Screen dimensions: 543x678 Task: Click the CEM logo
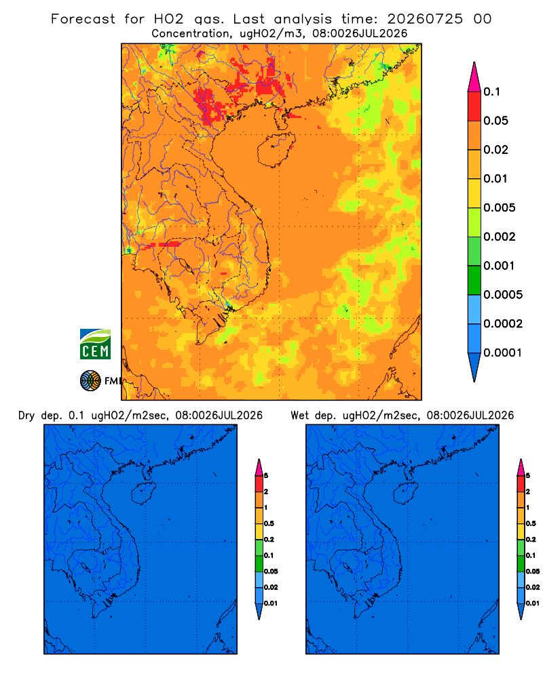coord(95,344)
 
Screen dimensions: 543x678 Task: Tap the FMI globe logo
coord(90,380)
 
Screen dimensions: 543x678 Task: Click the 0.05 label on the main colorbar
coord(495,121)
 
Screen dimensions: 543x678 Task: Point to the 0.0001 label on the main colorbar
coord(503,353)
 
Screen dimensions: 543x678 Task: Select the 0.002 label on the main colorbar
coord(500,237)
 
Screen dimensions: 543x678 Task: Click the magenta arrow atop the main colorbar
coord(474,77)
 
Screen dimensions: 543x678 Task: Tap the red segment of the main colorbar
coord(474,106)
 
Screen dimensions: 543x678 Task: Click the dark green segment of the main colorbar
coord(474,280)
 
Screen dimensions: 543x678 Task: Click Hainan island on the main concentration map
coord(276,150)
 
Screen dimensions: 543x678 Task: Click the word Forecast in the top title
coord(83,19)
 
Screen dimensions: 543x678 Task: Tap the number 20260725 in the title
coord(425,19)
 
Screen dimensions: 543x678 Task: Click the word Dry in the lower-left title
coord(26,416)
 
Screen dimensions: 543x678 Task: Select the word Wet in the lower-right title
coord(299,416)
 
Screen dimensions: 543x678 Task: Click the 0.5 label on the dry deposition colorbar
coord(269,523)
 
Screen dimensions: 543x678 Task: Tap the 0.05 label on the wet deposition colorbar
coord(533,571)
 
